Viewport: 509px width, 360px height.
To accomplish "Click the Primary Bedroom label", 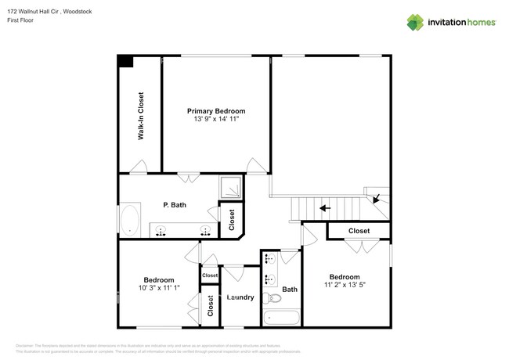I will click(215, 111).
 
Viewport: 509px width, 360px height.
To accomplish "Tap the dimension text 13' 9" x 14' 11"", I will click(215, 120).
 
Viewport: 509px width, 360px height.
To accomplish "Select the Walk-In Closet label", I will click(141, 117).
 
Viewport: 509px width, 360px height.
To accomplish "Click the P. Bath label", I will click(174, 205).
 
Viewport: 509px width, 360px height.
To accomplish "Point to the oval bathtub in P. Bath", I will click(128, 220).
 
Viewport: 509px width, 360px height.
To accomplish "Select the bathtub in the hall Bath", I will click(280, 318).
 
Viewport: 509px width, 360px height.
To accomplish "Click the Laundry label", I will click(240, 297).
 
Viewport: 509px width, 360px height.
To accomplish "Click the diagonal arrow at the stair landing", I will click(377, 199).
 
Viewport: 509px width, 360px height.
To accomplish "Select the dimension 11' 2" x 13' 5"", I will click(344, 286).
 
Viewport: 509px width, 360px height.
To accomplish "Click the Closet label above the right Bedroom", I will click(359, 231).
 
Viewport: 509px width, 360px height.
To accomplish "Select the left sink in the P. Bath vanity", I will click(161, 230).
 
